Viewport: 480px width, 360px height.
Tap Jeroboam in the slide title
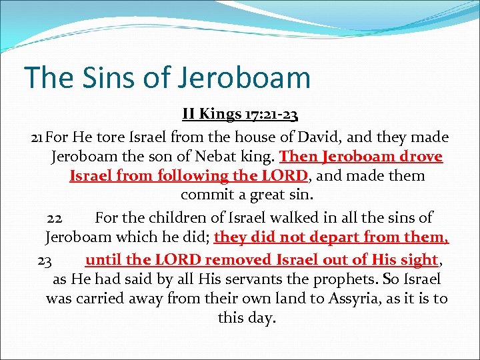click(x=244, y=77)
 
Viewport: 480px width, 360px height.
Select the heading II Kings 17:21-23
click(x=240, y=115)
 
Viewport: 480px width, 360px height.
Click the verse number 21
click(x=38, y=138)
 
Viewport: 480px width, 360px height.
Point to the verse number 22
click(x=55, y=218)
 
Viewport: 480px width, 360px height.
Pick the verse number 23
click(x=45, y=259)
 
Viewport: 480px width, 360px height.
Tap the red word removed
click(x=239, y=259)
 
